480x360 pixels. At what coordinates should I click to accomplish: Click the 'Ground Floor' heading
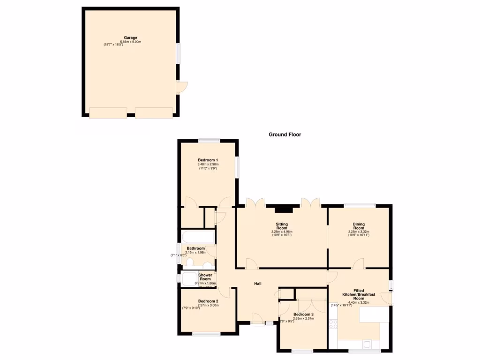[x=285, y=135]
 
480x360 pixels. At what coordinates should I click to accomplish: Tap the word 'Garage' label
[x=130, y=37]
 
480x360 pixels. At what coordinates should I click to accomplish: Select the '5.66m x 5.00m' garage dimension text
[x=131, y=42]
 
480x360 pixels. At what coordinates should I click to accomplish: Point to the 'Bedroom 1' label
[x=208, y=160]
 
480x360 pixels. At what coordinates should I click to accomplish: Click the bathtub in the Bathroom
[x=197, y=237]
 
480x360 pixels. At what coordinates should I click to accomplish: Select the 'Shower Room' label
[x=205, y=277]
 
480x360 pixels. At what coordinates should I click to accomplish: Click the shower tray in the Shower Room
[x=189, y=279]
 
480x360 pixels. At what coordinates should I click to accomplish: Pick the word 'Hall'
[x=258, y=284]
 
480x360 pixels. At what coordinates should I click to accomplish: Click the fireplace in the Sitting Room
[x=287, y=210]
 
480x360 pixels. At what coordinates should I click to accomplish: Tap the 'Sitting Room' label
[x=282, y=227]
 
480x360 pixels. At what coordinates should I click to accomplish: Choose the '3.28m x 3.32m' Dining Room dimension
[x=359, y=232]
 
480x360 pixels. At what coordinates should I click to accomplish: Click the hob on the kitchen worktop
[x=333, y=324]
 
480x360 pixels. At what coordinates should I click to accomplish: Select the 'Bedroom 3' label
[x=303, y=314]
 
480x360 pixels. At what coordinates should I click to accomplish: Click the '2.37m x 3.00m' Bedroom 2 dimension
[x=208, y=305]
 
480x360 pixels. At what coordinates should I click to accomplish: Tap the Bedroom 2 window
[x=206, y=334]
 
